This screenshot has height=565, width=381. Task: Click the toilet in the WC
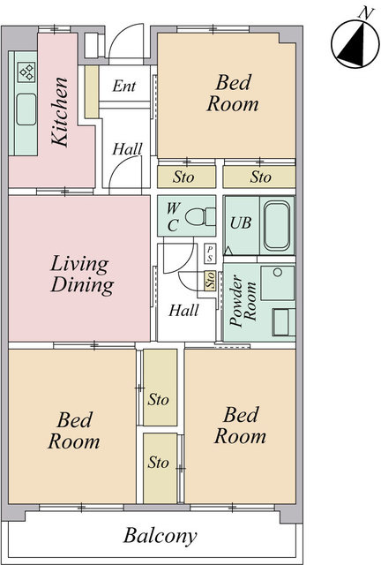click(x=200, y=217)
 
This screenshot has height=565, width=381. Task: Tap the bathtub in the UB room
click(x=277, y=226)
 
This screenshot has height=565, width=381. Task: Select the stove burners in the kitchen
click(x=27, y=72)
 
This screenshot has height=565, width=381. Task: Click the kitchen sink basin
click(x=26, y=109)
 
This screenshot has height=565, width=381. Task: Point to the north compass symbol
click(x=355, y=44)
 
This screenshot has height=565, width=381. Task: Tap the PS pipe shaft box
click(x=210, y=253)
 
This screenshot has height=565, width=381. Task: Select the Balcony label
click(x=161, y=536)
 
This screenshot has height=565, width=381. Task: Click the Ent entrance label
click(x=123, y=87)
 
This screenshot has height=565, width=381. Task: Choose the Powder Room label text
click(x=243, y=301)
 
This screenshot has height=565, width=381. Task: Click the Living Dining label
click(x=82, y=275)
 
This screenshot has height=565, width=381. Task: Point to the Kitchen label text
click(x=59, y=112)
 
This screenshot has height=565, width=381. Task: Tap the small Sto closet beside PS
click(x=210, y=280)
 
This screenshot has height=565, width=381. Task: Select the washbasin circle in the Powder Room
click(x=277, y=273)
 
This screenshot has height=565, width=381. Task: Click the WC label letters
click(x=173, y=217)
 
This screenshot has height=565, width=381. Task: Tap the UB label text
click(x=240, y=223)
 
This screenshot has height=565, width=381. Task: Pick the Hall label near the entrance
click(x=127, y=149)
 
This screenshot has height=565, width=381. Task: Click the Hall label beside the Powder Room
click(x=183, y=310)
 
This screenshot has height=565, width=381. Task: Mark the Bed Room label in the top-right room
click(x=233, y=93)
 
